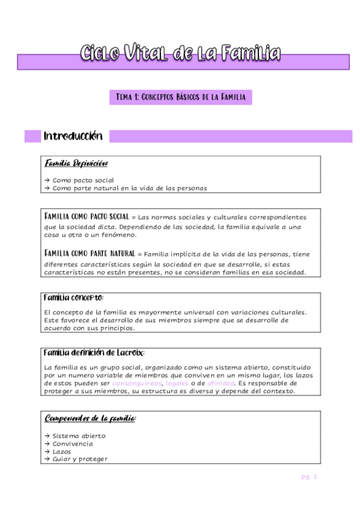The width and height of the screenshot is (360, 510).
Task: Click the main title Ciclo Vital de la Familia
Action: (180, 54)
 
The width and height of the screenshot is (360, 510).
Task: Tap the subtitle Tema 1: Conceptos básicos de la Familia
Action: (180, 96)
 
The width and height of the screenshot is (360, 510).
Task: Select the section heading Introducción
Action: (73, 137)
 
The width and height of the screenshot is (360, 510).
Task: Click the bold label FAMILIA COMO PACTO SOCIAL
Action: (87, 217)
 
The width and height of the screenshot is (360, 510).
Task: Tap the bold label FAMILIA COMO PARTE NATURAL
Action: (90, 254)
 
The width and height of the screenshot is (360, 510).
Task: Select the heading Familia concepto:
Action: (74, 298)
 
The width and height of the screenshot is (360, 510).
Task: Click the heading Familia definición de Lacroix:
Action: (94, 353)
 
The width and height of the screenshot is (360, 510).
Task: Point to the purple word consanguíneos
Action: (137, 383)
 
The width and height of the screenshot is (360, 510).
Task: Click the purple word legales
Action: (177, 383)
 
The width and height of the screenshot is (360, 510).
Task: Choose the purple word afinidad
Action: (221, 383)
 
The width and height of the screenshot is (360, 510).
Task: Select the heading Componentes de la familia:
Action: (91, 418)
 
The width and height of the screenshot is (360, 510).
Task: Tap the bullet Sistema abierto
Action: (79, 436)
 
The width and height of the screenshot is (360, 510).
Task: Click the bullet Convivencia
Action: (73, 444)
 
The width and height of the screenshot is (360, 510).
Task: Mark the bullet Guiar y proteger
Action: (80, 459)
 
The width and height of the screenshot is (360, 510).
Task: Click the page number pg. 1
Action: (309, 478)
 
